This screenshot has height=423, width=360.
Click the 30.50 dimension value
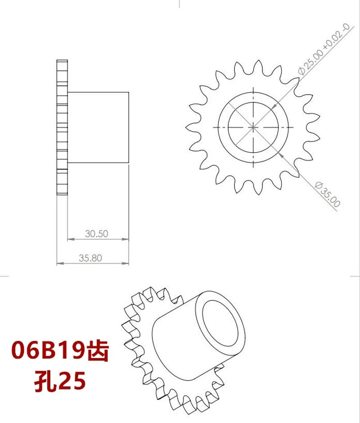pos(97,234)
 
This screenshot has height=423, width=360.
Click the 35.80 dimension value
pos(90,258)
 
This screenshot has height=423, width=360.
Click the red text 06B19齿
pos(60,351)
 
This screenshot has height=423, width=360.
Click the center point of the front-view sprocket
pos(253,127)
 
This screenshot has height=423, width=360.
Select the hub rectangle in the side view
pos(98,127)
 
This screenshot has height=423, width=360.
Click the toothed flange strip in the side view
pos(62,127)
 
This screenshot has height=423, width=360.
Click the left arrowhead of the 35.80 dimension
pos(59,264)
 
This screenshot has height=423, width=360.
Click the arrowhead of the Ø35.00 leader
pos(280,154)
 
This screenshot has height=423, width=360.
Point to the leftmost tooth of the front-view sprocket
pos(189,127)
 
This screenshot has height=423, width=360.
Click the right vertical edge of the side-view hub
pos(129,127)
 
